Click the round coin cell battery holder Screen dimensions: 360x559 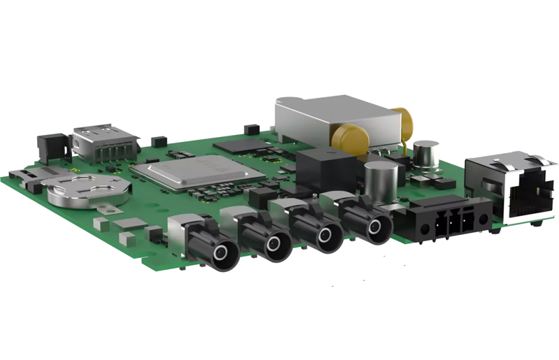[85, 189]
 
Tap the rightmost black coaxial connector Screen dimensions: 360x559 [370, 223]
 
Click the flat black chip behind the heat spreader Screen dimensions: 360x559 [240, 145]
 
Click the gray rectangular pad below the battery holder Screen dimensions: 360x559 [130, 224]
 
